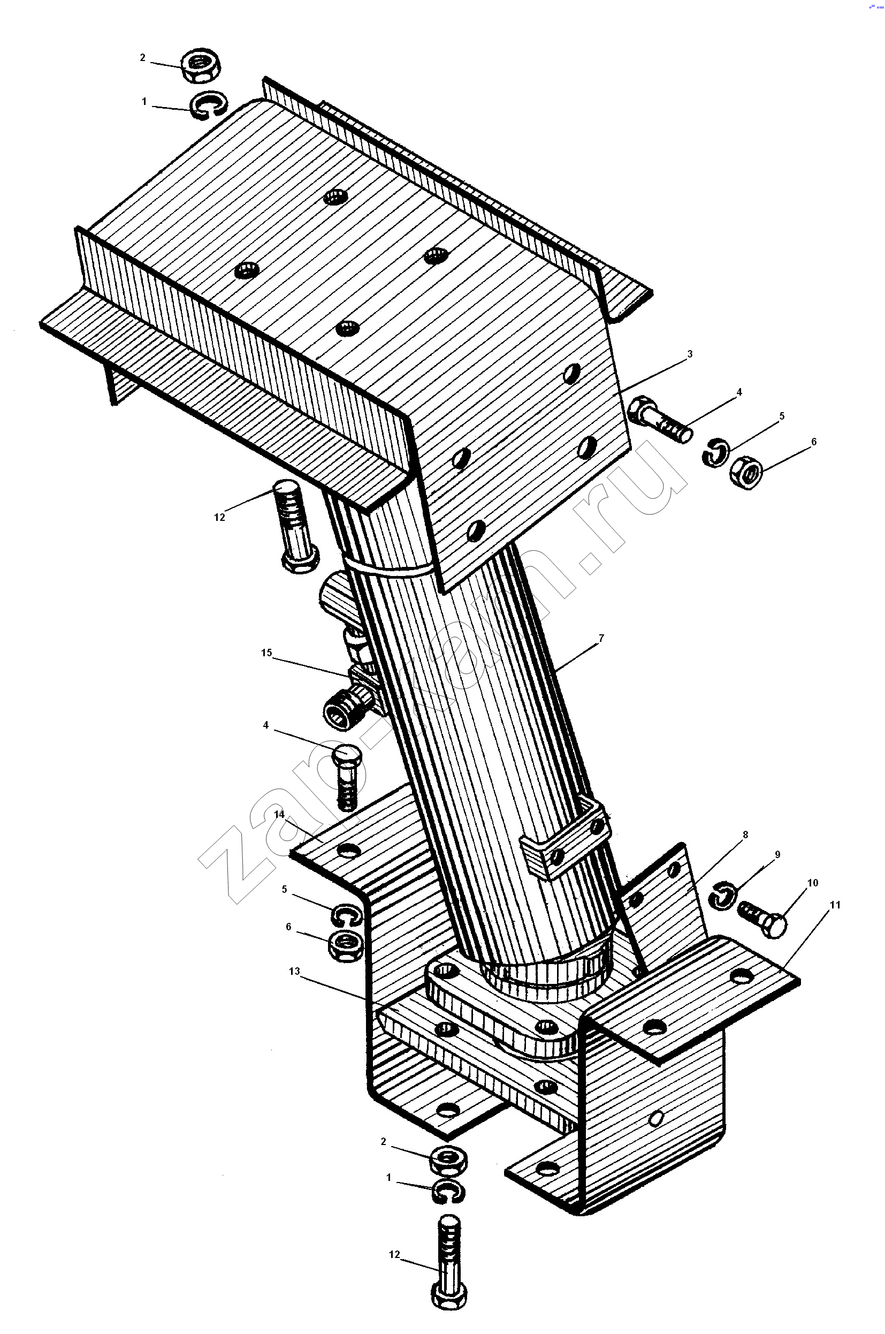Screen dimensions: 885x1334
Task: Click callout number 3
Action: click(x=690, y=354)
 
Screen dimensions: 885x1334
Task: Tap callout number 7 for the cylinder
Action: click(x=601, y=638)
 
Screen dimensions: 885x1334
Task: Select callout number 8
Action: click(x=745, y=835)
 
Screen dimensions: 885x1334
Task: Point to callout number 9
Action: click(x=777, y=855)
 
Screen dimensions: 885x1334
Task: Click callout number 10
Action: click(x=812, y=882)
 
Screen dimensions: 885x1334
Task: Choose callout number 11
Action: click(x=835, y=904)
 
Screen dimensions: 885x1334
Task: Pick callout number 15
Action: click(x=266, y=653)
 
